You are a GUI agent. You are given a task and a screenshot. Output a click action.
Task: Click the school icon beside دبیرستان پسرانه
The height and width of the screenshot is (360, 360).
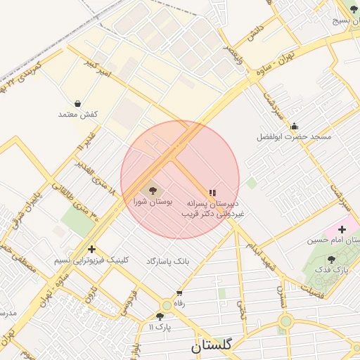(212, 193)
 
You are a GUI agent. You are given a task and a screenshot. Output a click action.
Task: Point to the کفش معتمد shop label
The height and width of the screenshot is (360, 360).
(78, 114)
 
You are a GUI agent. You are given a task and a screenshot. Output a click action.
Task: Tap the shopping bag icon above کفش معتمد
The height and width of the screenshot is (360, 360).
(77, 103)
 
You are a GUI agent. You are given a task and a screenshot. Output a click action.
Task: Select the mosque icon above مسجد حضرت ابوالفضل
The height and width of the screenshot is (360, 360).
(294, 126)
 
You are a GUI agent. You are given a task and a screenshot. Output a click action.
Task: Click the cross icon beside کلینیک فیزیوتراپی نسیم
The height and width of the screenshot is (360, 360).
(91, 249)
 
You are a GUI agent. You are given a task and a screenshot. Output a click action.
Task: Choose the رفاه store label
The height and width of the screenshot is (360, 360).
(179, 303)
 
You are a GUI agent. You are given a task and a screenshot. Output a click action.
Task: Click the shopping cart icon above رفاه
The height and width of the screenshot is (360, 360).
(179, 293)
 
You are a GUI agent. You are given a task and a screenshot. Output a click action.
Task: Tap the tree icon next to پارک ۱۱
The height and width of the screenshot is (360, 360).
(161, 317)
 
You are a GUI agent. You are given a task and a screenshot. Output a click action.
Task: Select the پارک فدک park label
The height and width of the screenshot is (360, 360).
(327, 269)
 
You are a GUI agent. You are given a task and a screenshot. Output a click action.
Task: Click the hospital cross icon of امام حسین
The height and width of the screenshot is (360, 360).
(342, 229)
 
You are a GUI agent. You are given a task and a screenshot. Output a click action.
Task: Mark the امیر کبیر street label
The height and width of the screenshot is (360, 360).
(96, 70)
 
